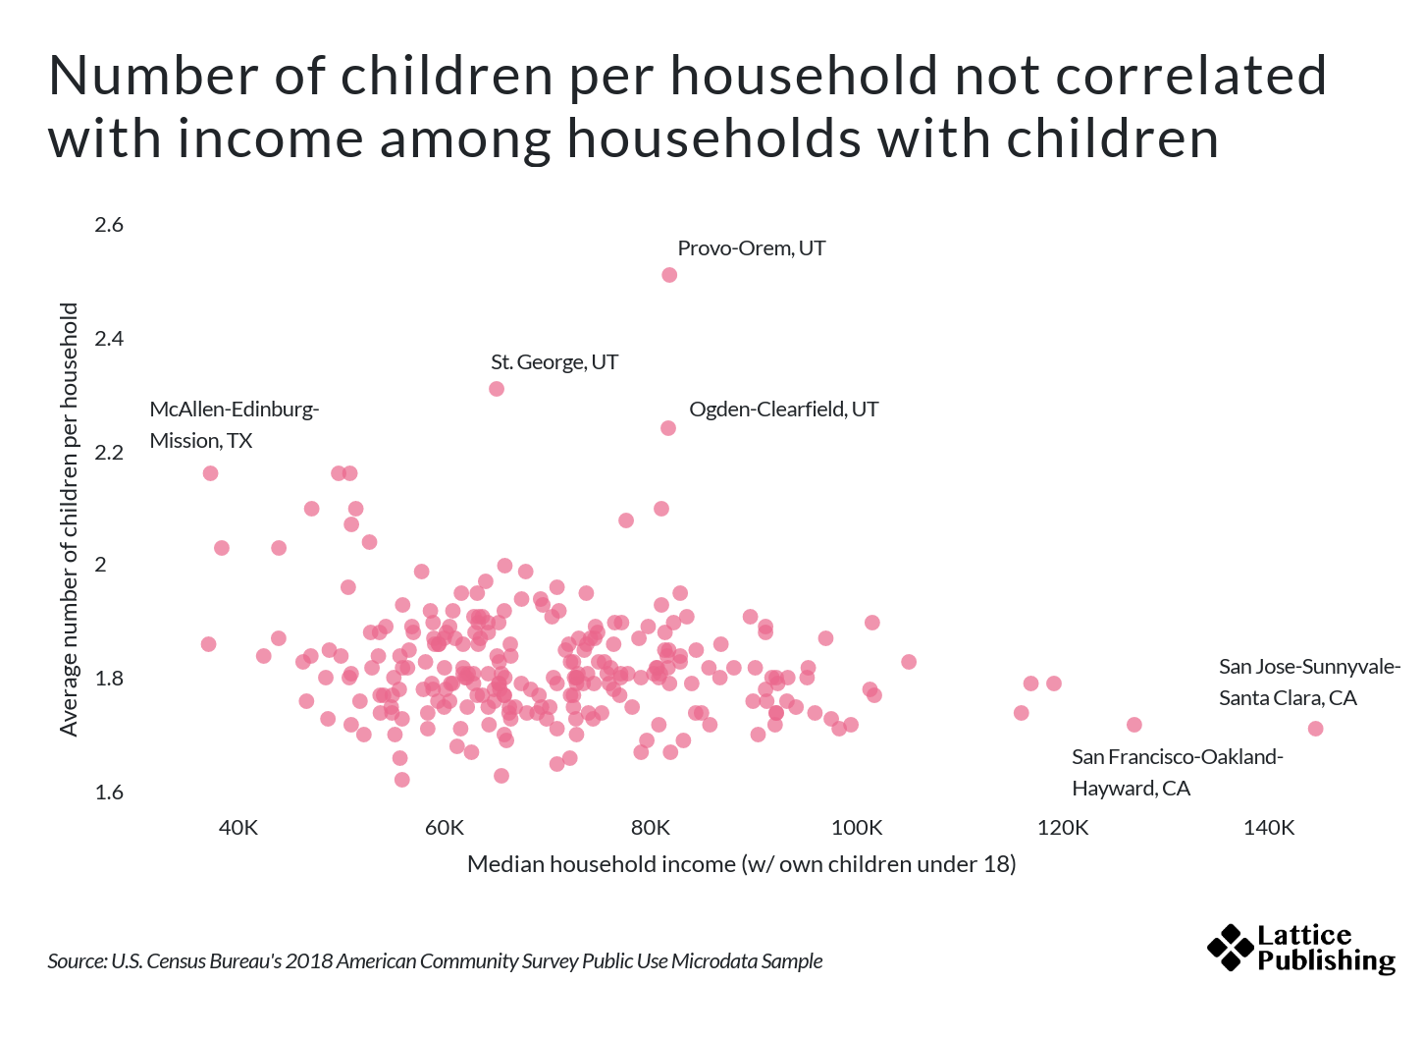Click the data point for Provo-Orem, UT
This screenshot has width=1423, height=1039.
(669, 275)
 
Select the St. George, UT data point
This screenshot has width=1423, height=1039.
(497, 389)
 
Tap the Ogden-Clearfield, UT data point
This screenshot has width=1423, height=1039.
(668, 428)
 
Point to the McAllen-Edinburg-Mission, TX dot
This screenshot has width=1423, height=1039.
(210, 473)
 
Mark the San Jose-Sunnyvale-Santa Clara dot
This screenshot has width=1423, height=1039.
(1316, 729)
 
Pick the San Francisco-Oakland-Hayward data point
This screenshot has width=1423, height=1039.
(1134, 725)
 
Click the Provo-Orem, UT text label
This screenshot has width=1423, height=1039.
(751, 248)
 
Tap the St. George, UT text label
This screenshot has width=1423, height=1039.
(554, 362)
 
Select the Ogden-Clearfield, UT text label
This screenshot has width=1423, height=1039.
(783, 410)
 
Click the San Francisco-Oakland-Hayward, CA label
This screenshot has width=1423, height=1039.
(1177, 773)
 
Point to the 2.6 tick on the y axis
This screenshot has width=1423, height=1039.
(109, 225)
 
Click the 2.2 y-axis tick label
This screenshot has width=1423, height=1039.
(109, 453)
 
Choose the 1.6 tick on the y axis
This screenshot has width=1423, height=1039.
(109, 793)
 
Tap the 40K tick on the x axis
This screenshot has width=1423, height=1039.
(238, 828)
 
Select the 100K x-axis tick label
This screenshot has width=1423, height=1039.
(857, 828)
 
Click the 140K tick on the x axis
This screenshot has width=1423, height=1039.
(1269, 828)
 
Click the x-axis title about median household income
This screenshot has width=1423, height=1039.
(741, 864)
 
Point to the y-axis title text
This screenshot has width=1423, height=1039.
(69, 519)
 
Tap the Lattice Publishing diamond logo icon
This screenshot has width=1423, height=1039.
(1230, 948)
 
